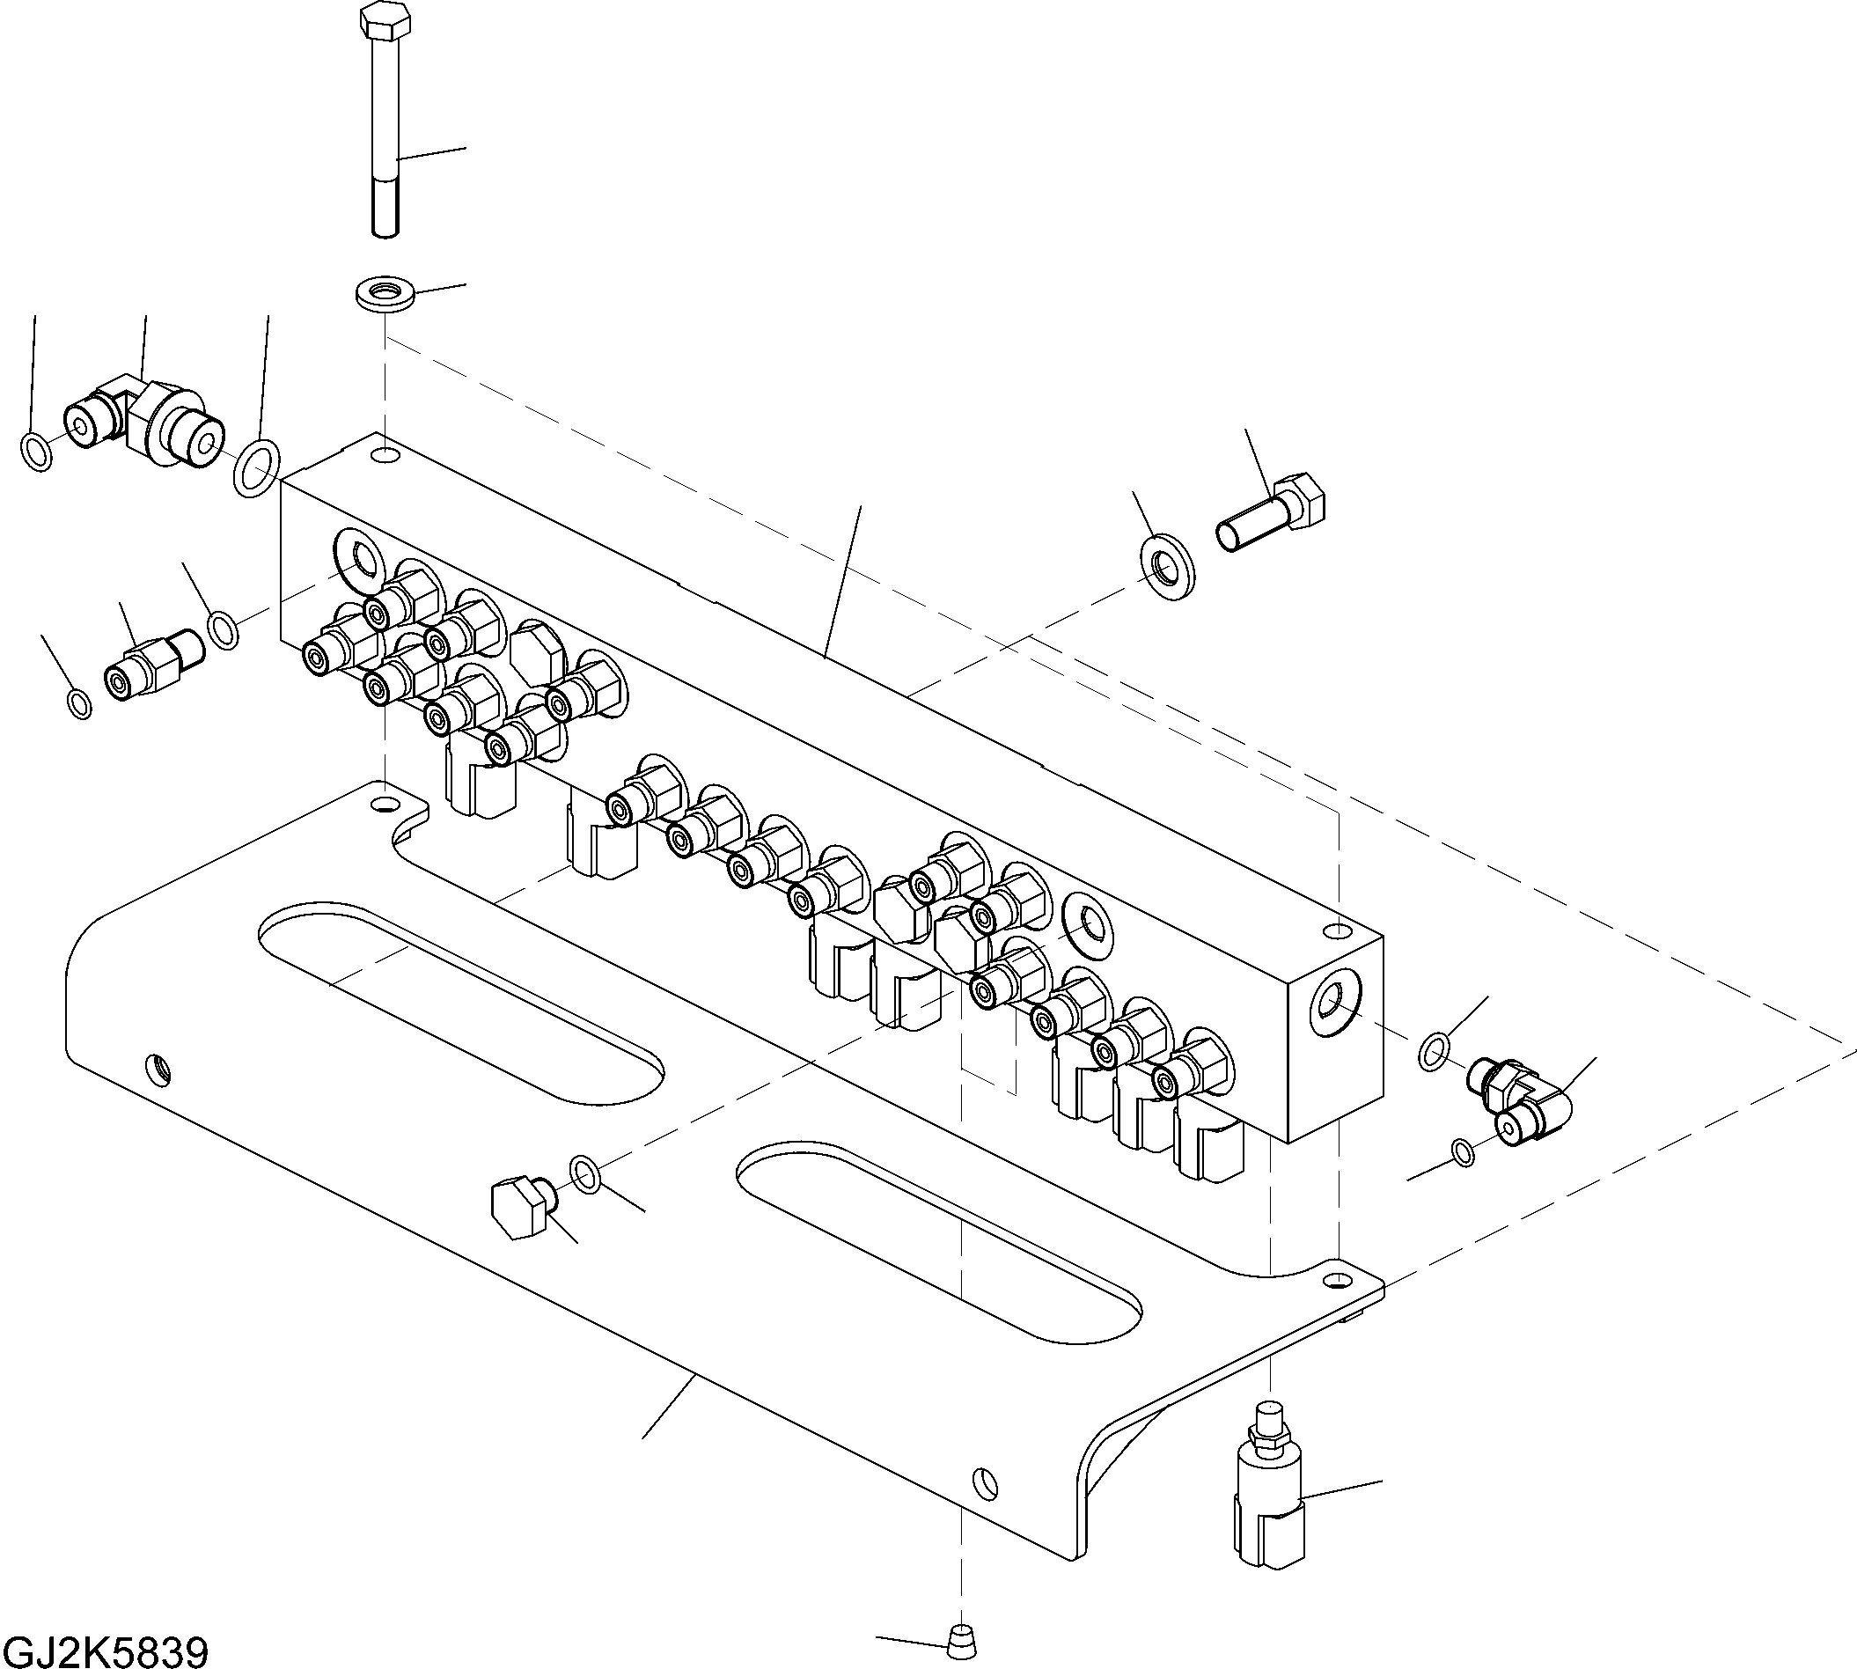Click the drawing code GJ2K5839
[106, 1651]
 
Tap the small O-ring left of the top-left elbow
[36, 452]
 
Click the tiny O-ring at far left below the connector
[81, 703]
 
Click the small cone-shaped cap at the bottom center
[960, 1634]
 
